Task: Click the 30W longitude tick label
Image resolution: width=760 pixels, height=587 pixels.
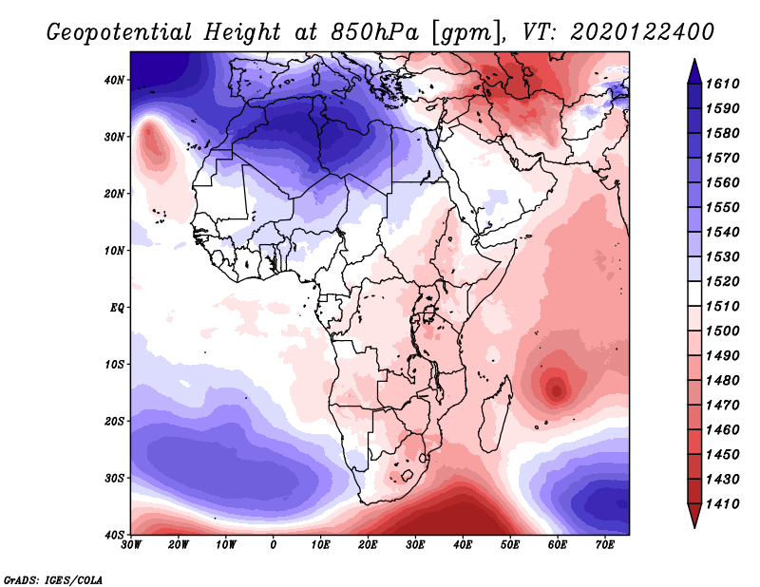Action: coord(131,545)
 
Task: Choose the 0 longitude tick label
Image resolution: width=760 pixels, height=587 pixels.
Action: coord(274,545)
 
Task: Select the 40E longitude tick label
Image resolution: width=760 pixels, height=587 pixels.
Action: coord(463,545)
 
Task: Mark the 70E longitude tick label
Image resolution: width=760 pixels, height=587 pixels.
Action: coord(605,545)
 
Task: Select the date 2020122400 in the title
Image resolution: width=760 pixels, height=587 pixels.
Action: coord(642,31)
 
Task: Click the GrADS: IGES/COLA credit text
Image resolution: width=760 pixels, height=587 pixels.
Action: coord(53,578)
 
